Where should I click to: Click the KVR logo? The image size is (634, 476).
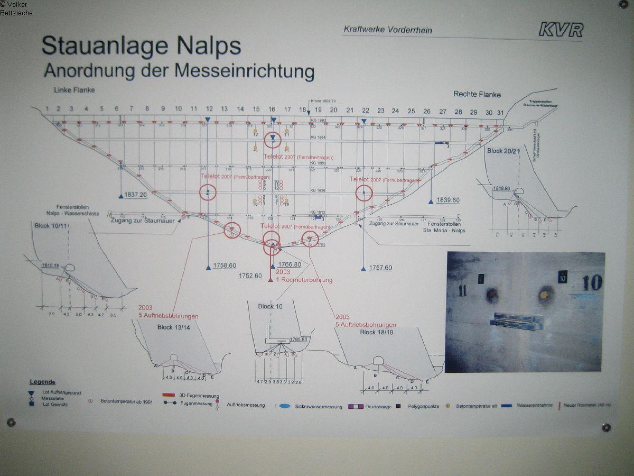(561, 30)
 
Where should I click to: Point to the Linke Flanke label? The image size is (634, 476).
(74, 90)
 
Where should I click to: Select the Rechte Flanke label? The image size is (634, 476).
(477, 95)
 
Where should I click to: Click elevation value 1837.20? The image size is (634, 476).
(135, 195)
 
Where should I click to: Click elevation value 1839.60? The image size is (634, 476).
(448, 200)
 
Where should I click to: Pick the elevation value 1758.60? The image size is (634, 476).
(225, 266)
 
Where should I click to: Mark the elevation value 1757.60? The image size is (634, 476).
(380, 268)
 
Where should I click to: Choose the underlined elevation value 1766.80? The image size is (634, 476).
(289, 264)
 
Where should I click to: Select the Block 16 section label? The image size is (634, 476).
(270, 307)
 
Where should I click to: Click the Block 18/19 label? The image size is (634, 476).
(375, 332)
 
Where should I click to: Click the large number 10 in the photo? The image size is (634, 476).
(592, 283)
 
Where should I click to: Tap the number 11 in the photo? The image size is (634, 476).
(462, 290)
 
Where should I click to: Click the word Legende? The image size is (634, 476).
(42, 382)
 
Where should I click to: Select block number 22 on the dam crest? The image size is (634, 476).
(365, 110)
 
